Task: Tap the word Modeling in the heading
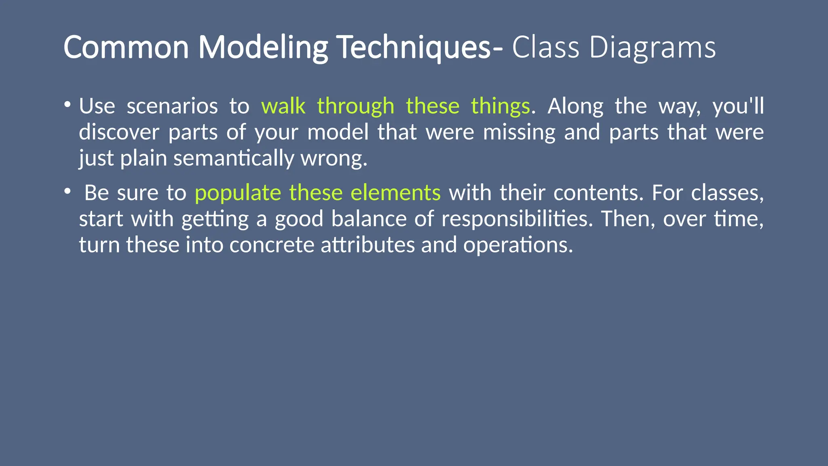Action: coord(263,47)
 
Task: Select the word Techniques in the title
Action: coord(414,47)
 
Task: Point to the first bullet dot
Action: coord(67,105)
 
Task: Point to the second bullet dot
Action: coord(67,191)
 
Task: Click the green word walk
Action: coord(283,106)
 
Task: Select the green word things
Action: coord(500,106)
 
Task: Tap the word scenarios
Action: coord(172,106)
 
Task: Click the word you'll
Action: coord(738,106)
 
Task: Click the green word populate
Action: coord(238,193)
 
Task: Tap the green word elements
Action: coord(395,193)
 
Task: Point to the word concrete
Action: coord(272,245)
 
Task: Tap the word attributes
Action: coord(368,245)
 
